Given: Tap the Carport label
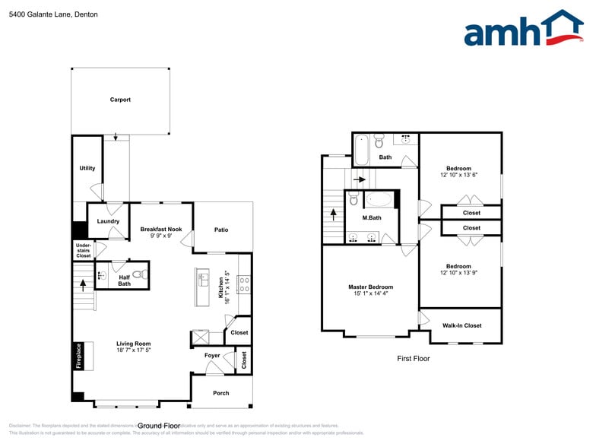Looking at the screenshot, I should (120, 100).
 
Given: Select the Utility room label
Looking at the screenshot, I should (87, 168).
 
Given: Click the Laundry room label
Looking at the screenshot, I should (108, 221).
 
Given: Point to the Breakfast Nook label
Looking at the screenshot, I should (160, 230).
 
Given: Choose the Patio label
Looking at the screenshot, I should (221, 230).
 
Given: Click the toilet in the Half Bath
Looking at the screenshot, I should (138, 274).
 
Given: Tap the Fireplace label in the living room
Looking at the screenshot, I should (78, 356).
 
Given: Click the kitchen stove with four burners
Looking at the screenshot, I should (245, 285).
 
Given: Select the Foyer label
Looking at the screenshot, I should (212, 355).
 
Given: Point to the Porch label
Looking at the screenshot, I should (221, 393).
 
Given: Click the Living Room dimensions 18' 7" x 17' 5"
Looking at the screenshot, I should (133, 350).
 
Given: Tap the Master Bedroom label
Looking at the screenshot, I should (370, 287).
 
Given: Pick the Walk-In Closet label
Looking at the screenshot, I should (462, 325).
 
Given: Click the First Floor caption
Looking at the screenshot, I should (414, 358).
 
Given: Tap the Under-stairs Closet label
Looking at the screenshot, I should (83, 250).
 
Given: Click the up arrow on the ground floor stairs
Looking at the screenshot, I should (83, 285).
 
